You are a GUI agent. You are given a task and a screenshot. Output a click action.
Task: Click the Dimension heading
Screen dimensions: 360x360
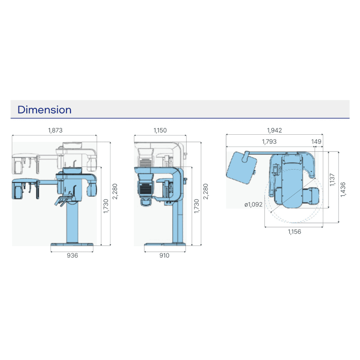tap(44, 110)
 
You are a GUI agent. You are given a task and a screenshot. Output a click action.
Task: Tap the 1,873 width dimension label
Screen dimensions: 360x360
tap(55, 130)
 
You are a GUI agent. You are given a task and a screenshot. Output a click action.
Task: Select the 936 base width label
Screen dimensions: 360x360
tap(72, 255)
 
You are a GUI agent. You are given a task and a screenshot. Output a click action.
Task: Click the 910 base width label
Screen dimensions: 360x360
tap(165, 255)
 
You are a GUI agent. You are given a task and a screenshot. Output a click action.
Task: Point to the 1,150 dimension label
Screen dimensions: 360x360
tap(160, 130)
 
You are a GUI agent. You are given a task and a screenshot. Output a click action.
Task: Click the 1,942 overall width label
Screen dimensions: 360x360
tap(274, 130)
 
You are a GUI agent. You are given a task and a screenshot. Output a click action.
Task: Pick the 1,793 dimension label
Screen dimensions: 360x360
tap(269, 141)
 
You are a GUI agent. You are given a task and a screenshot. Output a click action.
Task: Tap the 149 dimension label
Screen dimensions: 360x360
tap(316, 141)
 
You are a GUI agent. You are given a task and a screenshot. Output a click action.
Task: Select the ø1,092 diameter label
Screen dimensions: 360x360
tap(253, 204)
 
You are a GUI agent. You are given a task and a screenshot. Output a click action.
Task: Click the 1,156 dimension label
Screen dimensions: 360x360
tap(295, 232)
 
